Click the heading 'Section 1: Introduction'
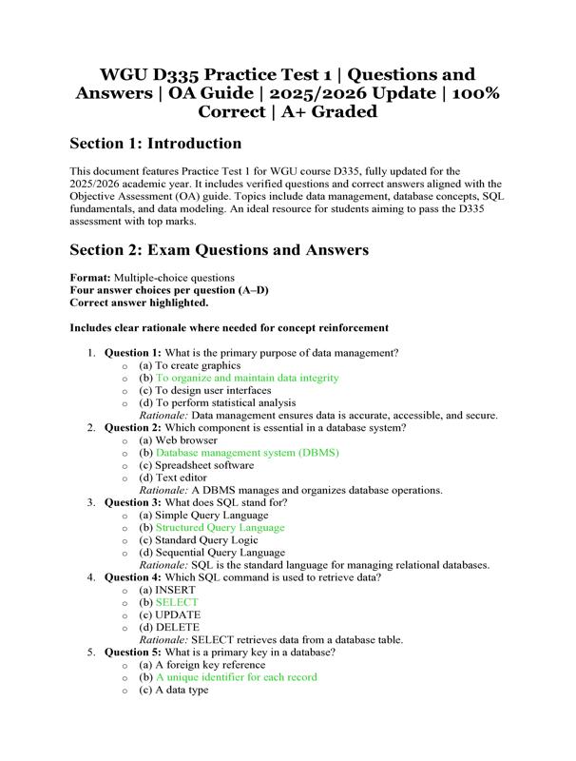point(156,144)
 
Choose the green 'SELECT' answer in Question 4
point(178,602)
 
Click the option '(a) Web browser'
point(178,440)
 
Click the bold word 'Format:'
point(90,277)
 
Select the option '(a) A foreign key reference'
point(200,665)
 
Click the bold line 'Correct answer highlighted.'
point(139,302)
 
